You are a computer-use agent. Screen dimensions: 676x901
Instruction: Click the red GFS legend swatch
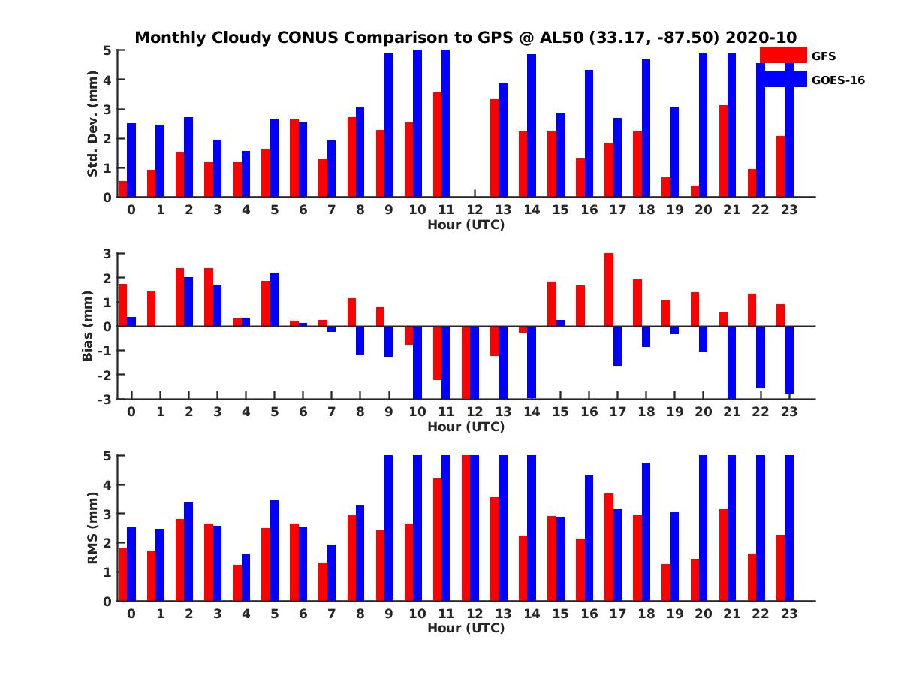click(783, 55)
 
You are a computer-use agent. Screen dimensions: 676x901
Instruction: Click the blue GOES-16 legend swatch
click(783, 79)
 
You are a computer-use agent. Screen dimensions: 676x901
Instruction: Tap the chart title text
click(466, 37)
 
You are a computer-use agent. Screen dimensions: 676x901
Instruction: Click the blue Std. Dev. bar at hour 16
click(589, 134)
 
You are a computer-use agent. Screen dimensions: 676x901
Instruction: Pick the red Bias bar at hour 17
click(608, 290)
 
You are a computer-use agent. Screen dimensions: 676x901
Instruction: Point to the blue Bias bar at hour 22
click(761, 357)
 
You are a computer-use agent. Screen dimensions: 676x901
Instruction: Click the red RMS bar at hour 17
click(608, 547)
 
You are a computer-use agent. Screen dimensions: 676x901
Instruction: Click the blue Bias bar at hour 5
click(275, 300)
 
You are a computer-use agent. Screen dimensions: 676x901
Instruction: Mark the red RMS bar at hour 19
click(665, 582)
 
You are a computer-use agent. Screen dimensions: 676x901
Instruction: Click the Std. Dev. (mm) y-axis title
click(93, 124)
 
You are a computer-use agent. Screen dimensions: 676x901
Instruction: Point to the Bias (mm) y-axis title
click(89, 325)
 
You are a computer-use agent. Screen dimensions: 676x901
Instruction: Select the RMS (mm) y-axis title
click(93, 528)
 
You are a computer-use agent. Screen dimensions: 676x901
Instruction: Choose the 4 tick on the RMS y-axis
click(107, 484)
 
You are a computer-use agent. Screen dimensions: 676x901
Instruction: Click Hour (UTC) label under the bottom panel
click(466, 628)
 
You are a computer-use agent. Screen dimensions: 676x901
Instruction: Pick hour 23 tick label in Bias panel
click(788, 412)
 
